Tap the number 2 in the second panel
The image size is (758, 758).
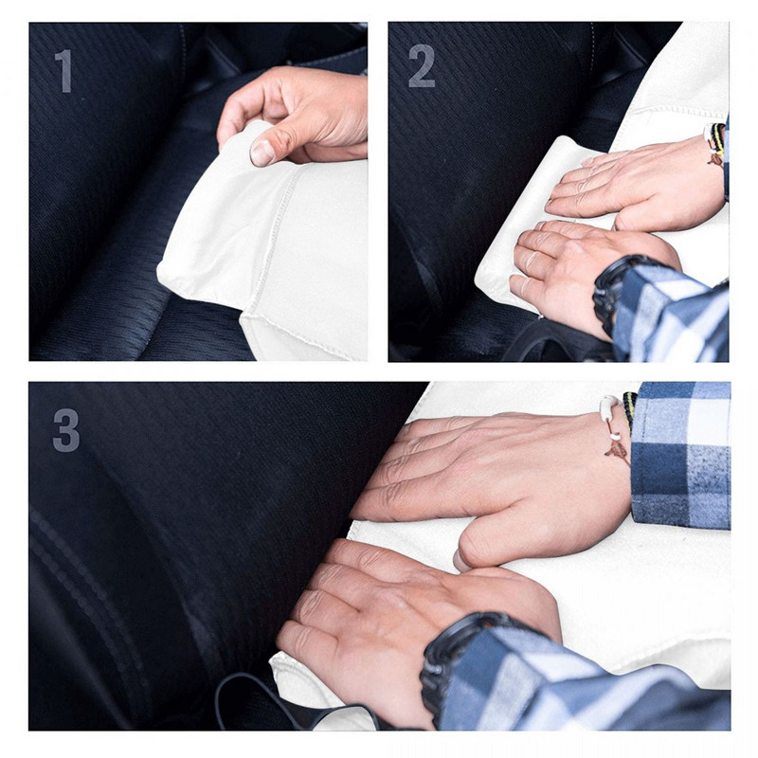coord(422,67)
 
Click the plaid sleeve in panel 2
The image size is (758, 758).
coord(673,313)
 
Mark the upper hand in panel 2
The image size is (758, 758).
coord(635,185)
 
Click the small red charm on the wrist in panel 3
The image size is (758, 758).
coord(617,449)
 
